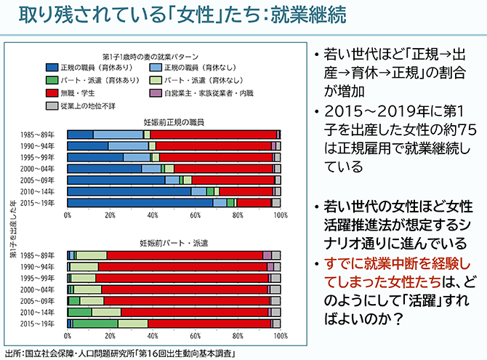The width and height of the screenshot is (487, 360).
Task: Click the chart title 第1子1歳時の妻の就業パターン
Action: [x=148, y=55]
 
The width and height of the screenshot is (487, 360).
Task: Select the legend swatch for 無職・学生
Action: [x=52, y=92]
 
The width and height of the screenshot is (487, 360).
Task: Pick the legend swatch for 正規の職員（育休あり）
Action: [x=52, y=67]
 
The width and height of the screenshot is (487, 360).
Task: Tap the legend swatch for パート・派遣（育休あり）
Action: [x=52, y=79]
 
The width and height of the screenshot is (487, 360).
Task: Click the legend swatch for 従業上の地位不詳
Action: [x=52, y=105]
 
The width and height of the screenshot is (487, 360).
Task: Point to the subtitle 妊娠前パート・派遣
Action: [x=174, y=241]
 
